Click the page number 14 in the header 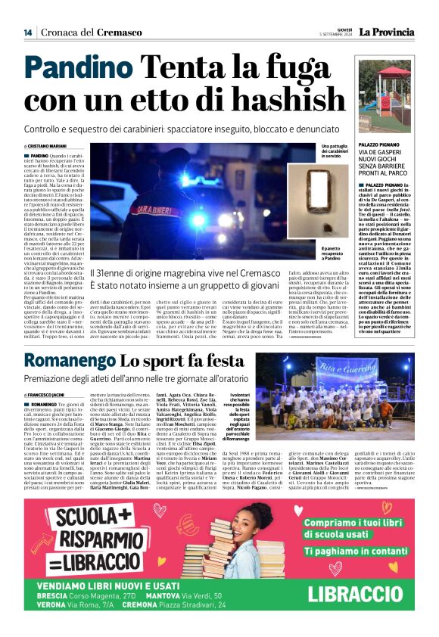click(28, 33)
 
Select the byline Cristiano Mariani click(48, 147)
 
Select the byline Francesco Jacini click(46, 395)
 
